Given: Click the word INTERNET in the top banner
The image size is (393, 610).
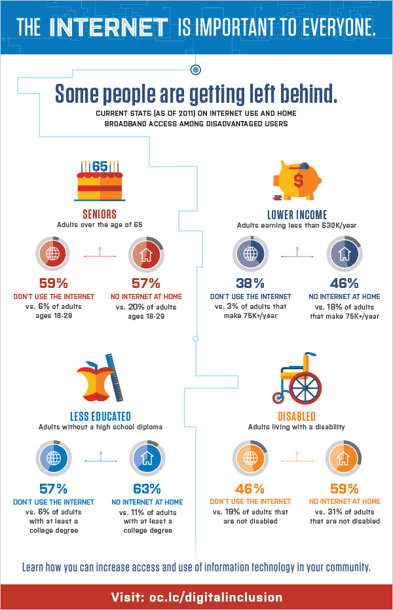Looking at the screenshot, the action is click(109, 27).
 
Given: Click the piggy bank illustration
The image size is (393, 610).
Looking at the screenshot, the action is click(297, 180).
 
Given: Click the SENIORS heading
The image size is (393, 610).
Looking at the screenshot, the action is click(100, 214).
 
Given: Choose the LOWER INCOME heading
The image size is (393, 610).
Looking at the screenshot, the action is click(297, 215).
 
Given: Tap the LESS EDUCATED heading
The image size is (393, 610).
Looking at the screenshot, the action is click(100, 416).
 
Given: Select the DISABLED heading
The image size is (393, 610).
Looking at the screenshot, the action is click(297, 416).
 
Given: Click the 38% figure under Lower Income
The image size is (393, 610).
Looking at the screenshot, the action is click(250, 283).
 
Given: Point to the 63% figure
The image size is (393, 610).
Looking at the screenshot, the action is click(147, 489).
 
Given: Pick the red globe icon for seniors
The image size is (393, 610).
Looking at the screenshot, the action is click(53, 254).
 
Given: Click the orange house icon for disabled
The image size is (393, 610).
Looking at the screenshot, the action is click(343, 458).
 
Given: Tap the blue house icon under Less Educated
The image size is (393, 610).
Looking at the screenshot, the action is click(147, 458).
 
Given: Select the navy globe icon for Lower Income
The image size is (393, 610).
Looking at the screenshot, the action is click(250, 254).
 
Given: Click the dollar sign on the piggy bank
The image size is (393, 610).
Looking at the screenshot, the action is click(299, 180).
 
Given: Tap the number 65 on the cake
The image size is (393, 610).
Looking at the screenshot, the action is click(100, 167).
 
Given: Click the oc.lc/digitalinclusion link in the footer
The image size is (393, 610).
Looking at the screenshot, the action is click(215, 597).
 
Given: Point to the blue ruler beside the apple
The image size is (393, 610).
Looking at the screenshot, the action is click(115, 377).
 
